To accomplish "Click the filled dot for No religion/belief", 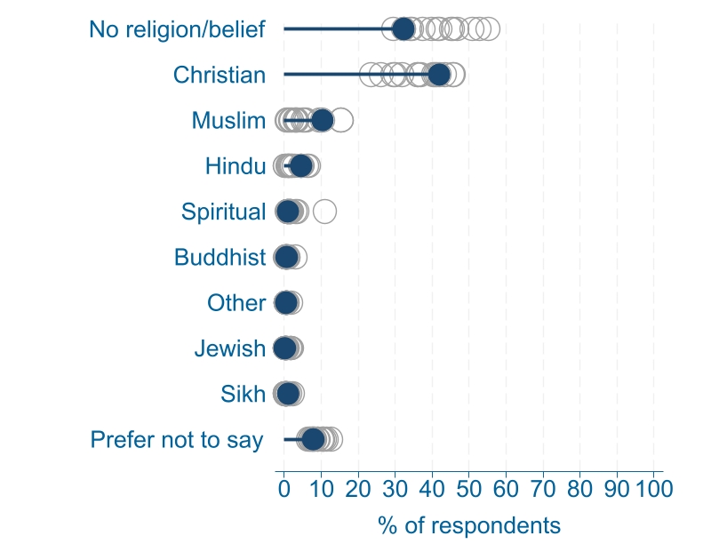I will tap(403, 28).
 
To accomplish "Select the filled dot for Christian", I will tap(439, 75).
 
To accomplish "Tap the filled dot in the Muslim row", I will tap(322, 120).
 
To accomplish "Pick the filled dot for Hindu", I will tap(301, 165).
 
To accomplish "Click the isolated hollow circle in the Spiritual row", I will tap(324, 212).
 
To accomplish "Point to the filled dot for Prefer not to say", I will tap(313, 439).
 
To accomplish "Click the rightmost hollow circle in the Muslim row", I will tap(341, 120).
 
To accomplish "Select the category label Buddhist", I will tap(220, 258).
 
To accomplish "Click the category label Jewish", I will tap(229, 349).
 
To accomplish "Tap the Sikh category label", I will tap(243, 395).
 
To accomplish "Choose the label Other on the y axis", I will tap(236, 303).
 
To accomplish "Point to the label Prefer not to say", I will tap(177, 440).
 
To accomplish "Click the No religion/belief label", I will tap(177, 29).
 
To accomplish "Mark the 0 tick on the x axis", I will tap(284, 488).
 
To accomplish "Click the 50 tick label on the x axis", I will tap(469, 488).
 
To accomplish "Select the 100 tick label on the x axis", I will tap(653, 488).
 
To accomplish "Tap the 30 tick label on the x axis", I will tap(395, 488).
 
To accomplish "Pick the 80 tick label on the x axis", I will tap(579, 488).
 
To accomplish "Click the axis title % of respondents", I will tap(469, 525).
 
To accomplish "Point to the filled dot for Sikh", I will tap(288, 394).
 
